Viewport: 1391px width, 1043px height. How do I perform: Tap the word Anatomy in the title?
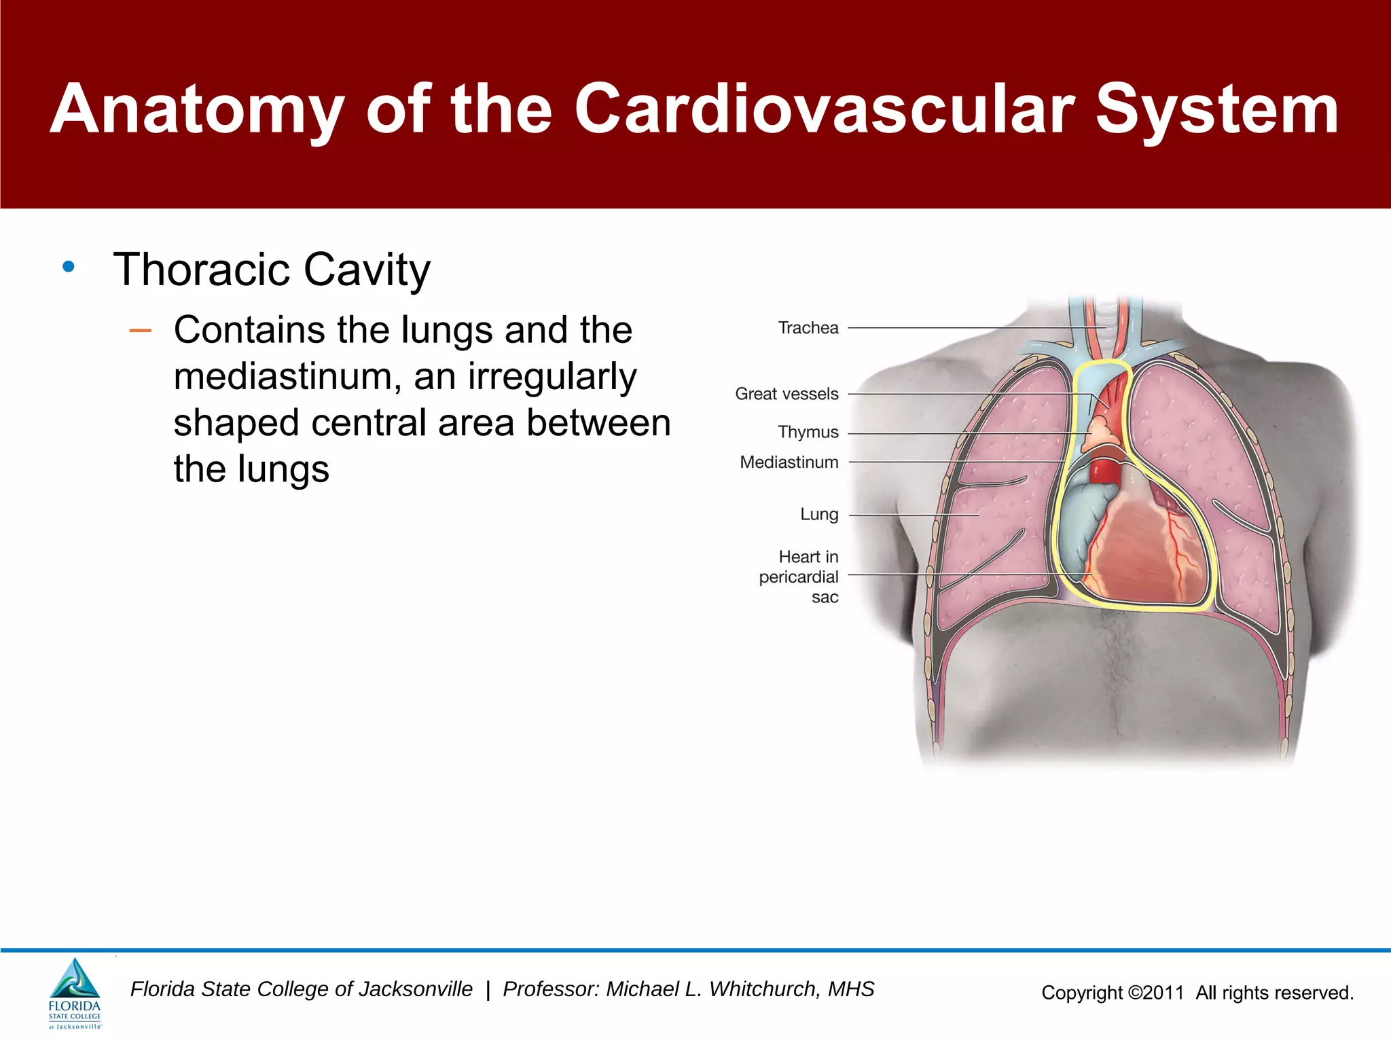197,109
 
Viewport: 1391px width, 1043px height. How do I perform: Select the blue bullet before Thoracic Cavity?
68,267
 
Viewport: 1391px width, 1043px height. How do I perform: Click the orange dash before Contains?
140,331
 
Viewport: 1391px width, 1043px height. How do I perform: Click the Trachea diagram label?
808,328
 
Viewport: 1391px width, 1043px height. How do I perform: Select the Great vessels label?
787,394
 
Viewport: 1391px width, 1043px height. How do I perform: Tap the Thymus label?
808,432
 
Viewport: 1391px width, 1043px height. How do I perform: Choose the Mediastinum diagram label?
789,462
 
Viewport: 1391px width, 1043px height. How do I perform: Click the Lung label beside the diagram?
818,514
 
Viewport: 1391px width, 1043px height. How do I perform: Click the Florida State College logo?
75,993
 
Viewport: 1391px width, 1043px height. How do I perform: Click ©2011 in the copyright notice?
1155,993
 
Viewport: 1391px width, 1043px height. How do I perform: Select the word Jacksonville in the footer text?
415,989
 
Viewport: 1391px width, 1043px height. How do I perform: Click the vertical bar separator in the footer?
488,990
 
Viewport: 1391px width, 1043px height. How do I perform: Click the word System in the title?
1216,109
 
